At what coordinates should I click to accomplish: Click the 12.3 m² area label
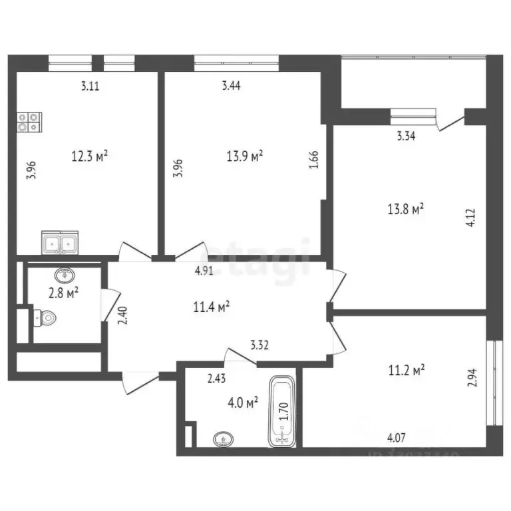(x=90, y=157)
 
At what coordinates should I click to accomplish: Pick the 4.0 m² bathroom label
(x=242, y=403)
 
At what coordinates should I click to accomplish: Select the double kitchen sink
(x=60, y=243)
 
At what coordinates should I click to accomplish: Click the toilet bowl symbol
(x=44, y=318)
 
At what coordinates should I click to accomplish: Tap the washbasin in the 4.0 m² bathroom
(x=224, y=439)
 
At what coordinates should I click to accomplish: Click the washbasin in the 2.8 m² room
(x=65, y=274)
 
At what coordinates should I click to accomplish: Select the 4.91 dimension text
(x=204, y=271)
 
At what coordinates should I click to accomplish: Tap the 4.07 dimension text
(x=397, y=438)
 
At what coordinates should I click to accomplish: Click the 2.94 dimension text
(x=473, y=378)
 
